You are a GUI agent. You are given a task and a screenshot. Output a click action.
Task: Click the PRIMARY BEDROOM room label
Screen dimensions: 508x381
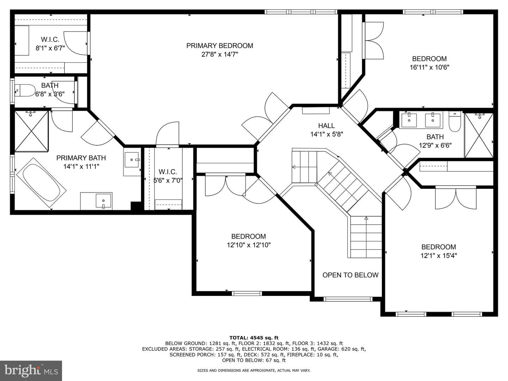coord(220,46)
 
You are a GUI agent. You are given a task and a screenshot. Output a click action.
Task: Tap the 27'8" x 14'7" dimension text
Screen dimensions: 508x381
coord(220,54)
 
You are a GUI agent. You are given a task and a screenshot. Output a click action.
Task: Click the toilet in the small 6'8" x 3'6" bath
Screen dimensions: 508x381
coord(25,90)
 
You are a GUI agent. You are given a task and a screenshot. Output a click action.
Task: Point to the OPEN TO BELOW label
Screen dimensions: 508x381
coord(350,275)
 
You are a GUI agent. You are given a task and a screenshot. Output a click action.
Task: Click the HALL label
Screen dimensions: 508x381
coord(326,126)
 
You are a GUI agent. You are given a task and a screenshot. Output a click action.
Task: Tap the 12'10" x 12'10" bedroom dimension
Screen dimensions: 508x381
coord(249,245)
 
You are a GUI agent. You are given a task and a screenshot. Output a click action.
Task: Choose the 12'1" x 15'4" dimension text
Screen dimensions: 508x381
coord(439,256)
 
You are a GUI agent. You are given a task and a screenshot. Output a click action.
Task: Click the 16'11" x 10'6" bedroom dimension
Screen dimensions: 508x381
coord(429,67)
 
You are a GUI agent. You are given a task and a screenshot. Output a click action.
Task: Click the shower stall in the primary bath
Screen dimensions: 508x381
coord(31,131)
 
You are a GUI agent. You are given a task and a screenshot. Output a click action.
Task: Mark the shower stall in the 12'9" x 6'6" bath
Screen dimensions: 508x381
coord(479,135)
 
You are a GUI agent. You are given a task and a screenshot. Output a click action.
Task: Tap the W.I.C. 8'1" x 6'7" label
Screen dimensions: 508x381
coord(50,44)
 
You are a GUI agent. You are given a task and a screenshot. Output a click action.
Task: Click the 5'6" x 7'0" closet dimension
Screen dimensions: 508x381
coord(168,180)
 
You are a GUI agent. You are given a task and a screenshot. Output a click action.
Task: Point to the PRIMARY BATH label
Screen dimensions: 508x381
coord(81,158)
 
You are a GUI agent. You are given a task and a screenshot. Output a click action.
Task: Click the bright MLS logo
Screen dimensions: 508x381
coord(31,370)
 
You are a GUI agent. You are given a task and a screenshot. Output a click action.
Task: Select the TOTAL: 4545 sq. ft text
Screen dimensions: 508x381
coord(254,338)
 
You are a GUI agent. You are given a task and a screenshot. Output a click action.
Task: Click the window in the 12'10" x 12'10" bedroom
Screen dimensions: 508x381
coord(247,294)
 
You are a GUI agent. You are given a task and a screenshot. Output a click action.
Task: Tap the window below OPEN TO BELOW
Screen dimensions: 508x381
coord(348,299)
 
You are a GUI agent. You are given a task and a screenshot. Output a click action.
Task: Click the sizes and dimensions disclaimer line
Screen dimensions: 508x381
coord(254,370)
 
